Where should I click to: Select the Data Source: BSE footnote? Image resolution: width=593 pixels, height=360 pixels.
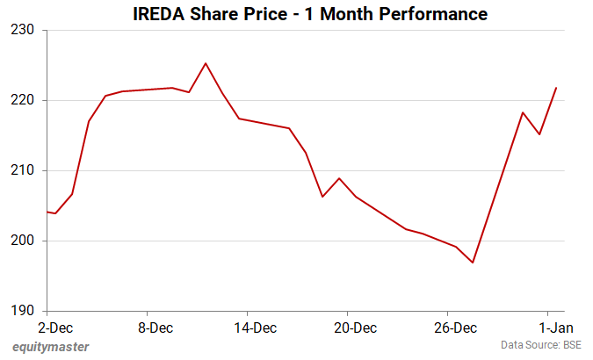(541, 346)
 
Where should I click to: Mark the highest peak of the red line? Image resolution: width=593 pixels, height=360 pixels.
(206, 63)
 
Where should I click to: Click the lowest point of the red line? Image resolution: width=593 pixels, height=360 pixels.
(473, 263)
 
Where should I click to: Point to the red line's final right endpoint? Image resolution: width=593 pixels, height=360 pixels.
(557, 88)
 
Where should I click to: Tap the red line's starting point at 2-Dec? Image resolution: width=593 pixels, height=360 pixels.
(47, 212)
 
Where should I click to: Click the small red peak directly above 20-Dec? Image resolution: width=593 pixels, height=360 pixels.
(339, 178)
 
